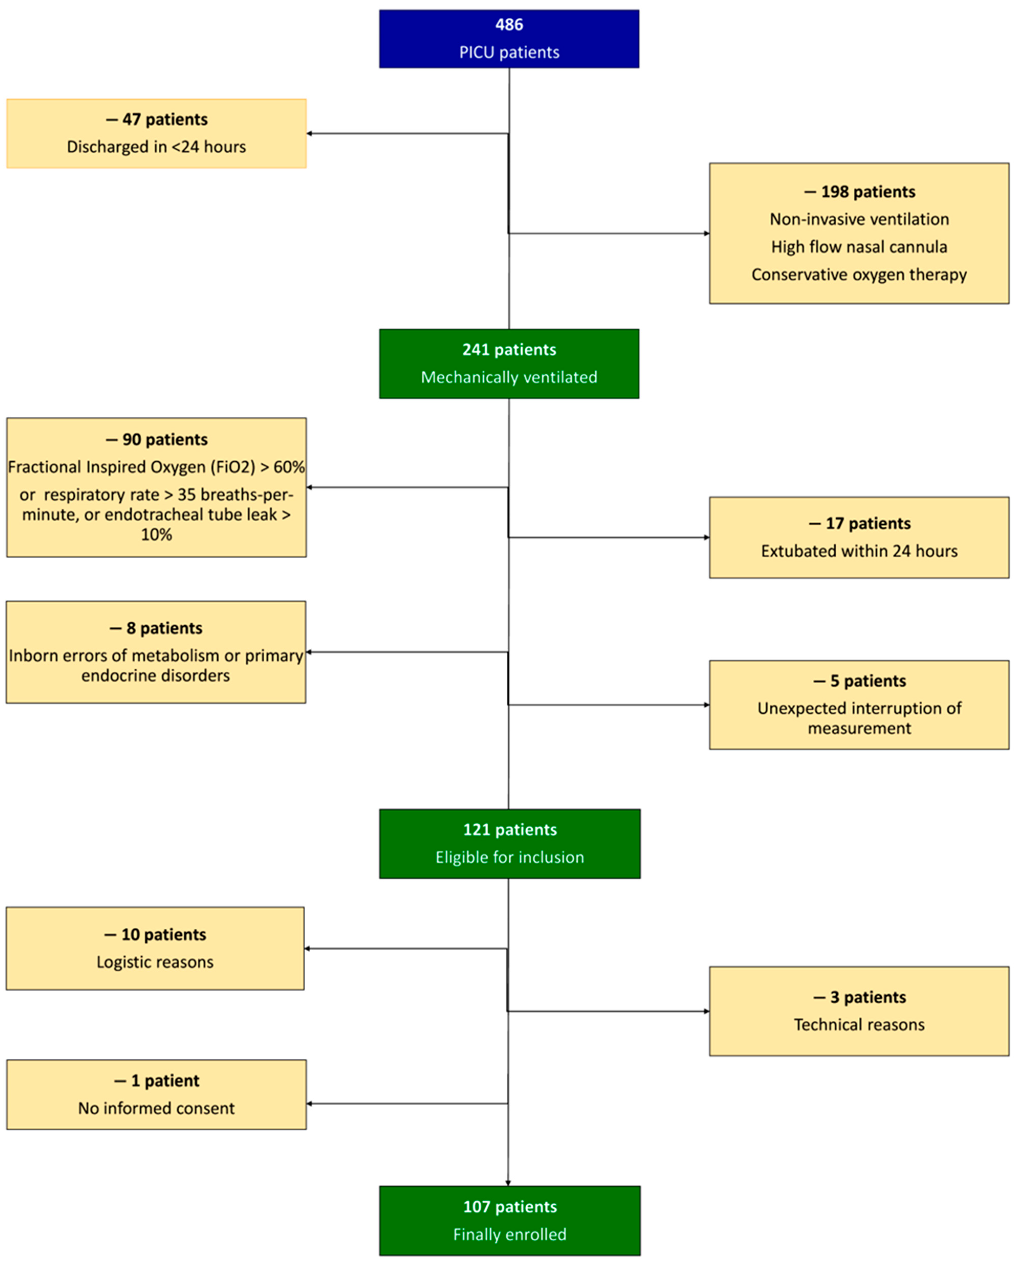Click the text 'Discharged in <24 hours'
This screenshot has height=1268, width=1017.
pyautogui.click(x=156, y=147)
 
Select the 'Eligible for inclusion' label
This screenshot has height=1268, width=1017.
pyautogui.click(x=510, y=857)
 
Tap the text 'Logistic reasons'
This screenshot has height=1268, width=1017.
pyautogui.click(x=155, y=962)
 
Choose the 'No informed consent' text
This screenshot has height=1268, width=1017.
pyautogui.click(x=156, y=1109)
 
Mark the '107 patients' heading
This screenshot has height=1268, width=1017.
pyautogui.click(x=510, y=1207)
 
